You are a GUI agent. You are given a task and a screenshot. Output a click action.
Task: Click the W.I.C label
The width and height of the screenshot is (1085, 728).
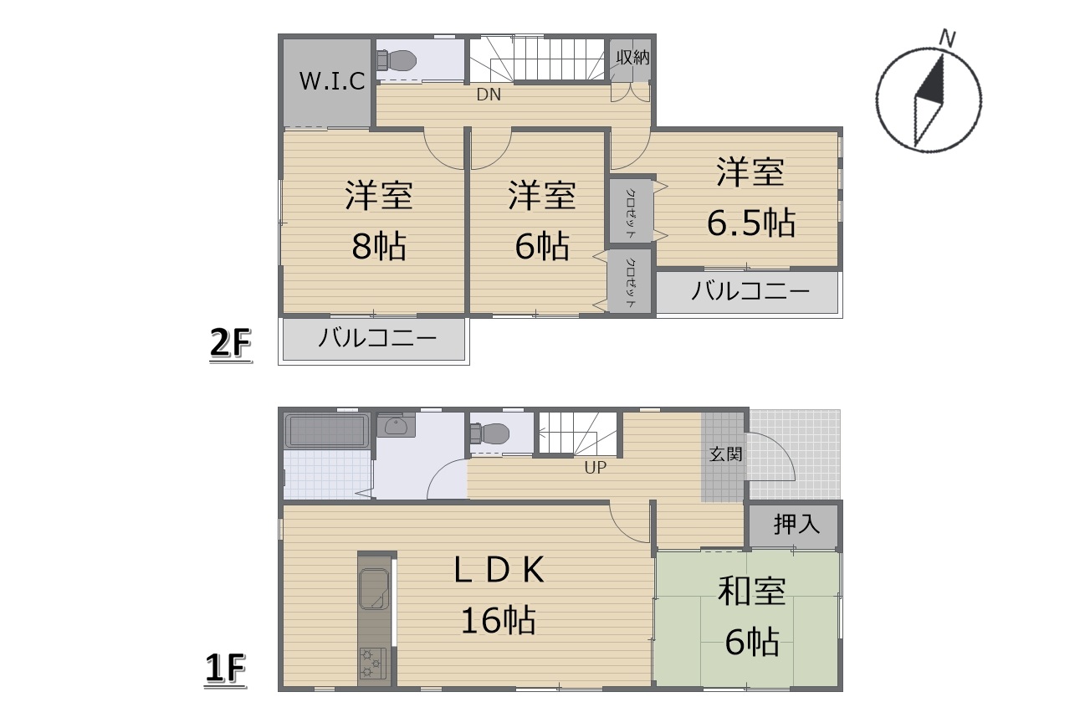click(x=332, y=81)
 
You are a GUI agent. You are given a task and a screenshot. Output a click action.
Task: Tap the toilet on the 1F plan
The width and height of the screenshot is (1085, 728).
click(x=489, y=433)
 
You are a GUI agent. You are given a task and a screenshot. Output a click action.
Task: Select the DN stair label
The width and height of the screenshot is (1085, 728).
click(x=489, y=95)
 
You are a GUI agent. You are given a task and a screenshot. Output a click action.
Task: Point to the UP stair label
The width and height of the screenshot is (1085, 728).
click(x=596, y=468)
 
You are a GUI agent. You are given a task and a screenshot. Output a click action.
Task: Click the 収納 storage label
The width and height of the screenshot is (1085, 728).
click(x=632, y=58)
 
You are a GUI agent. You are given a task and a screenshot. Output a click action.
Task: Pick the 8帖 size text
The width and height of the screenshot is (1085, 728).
click(x=379, y=246)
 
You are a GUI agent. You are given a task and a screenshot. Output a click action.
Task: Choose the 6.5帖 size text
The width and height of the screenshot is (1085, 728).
click(x=750, y=223)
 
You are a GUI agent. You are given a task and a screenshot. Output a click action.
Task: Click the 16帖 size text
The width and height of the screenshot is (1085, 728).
click(x=499, y=620)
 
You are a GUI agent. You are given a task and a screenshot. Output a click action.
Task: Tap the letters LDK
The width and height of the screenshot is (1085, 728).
click(x=499, y=570)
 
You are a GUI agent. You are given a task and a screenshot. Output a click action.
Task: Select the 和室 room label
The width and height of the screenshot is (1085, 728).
click(x=751, y=592)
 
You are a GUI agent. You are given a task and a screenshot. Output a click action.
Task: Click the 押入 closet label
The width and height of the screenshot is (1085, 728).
click(x=796, y=525)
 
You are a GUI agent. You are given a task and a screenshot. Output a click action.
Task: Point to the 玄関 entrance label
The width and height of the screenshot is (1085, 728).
click(x=725, y=454)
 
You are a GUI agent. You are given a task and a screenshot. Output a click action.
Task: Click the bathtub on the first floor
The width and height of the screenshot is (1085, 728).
click(x=325, y=430)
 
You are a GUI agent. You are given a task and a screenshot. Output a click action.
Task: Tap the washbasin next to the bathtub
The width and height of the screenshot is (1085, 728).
click(x=396, y=425)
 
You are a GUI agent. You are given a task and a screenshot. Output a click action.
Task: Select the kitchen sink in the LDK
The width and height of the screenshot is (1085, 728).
click(x=375, y=589)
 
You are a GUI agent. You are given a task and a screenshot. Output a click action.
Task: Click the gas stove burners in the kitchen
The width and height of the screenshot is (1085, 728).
click(x=373, y=664)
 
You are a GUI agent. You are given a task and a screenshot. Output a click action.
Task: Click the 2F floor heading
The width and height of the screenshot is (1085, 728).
click(x=230, y=343)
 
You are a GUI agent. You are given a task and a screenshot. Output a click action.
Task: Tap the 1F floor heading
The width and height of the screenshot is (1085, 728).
click(x=225, y=669)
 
